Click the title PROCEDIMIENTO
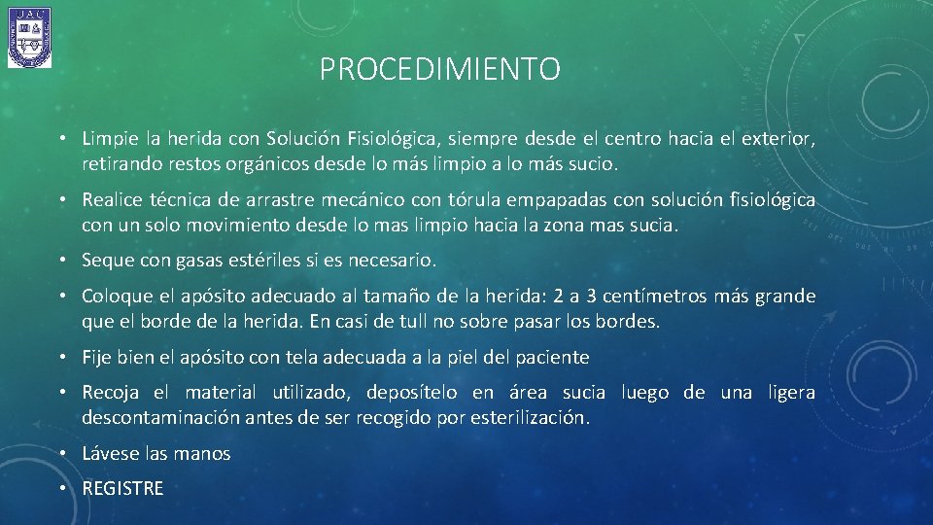439,70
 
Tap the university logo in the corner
29,37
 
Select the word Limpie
108,140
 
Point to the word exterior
779,140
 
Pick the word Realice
113,200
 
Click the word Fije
97,358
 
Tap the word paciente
551,358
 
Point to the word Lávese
111,453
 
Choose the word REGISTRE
123,488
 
